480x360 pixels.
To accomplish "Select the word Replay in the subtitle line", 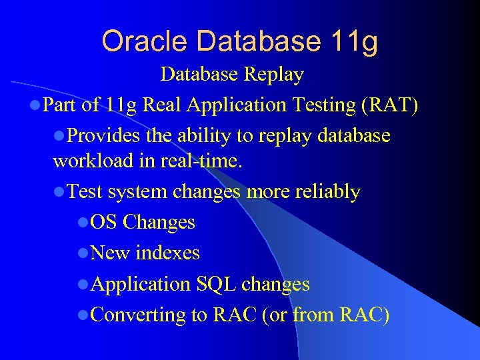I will (x=274, y=74).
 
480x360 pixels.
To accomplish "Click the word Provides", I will (x=104, y=136).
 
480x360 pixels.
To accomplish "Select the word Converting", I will (x=138, y=315).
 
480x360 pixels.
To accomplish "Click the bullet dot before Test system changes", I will (x=59, y=193).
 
